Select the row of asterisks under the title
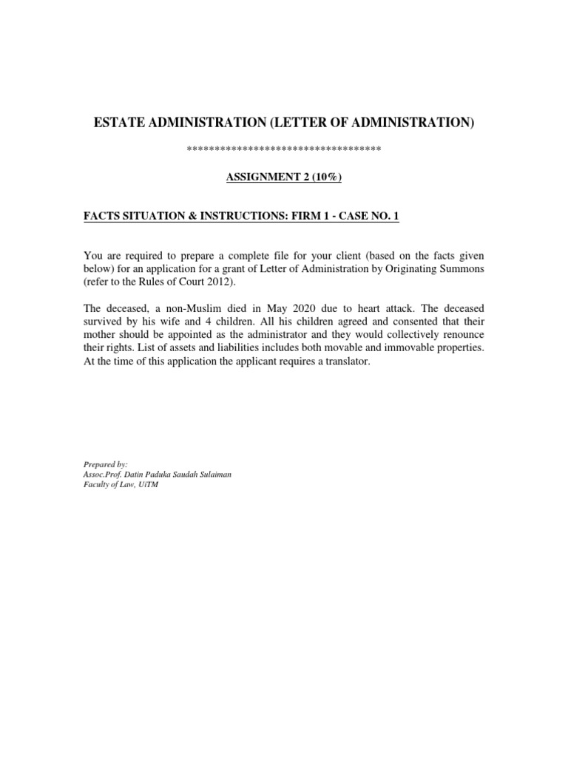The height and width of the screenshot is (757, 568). [284, 150]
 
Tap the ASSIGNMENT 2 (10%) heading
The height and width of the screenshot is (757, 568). [284, 178]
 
